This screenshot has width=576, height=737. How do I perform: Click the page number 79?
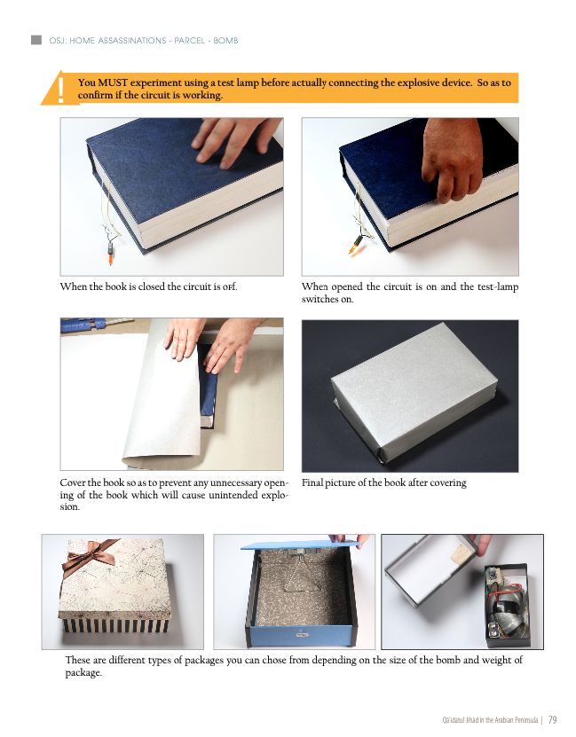(552, 719)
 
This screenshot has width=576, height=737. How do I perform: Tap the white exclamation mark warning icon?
(60, 90)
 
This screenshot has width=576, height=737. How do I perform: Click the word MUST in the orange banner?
(113, 82)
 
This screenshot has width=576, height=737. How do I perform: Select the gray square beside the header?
(36, 40)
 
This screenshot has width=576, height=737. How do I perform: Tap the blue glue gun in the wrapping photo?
(83, 325)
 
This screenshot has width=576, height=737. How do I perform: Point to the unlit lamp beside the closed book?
(111, 254)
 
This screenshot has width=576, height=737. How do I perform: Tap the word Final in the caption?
(312, 482)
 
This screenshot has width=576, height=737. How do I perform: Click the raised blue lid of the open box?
(302, 545)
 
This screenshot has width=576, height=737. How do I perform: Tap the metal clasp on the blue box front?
(302, 634)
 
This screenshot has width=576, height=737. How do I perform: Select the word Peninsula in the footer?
(526, 720)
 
